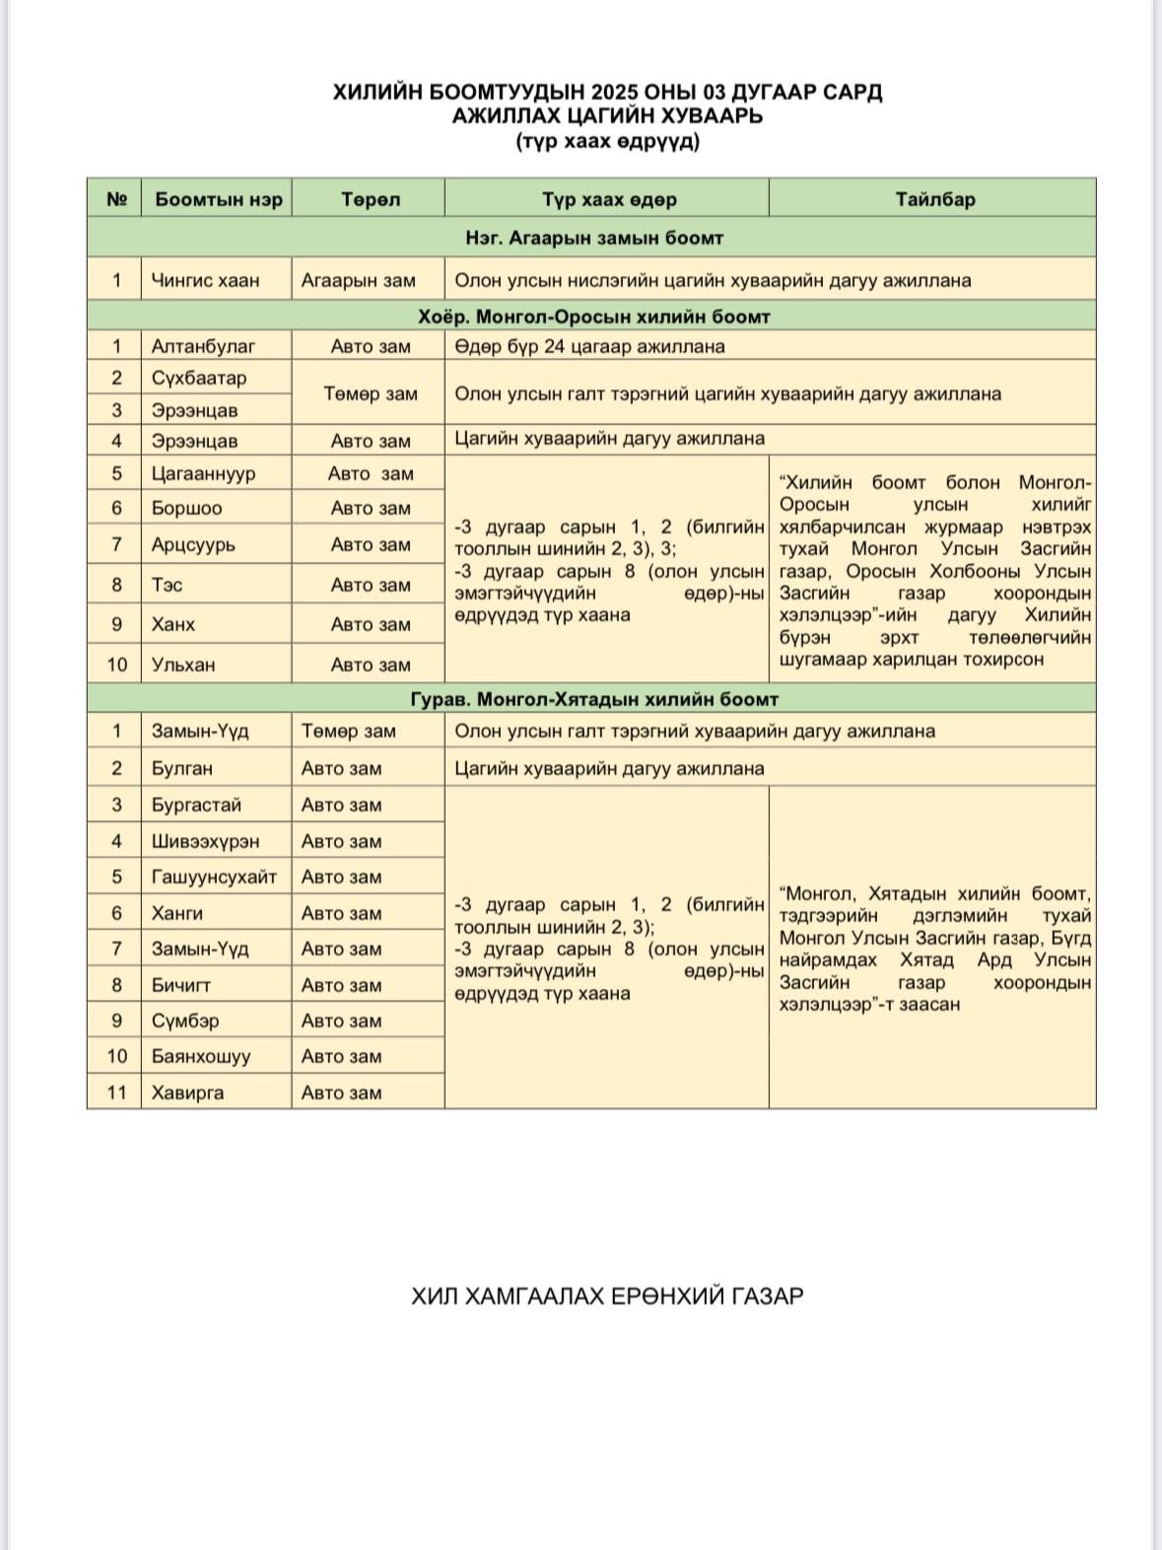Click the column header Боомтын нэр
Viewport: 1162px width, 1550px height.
(x=218, y=199)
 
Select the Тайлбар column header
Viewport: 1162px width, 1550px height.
(x=934, y=199)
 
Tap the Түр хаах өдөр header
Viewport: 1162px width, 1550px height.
(x=608, y=199)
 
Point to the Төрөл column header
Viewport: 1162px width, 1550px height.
(x=370, y=199)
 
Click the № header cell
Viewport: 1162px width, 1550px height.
(x=116, y=199)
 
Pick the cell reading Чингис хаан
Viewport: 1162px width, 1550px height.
(x=205, y=280)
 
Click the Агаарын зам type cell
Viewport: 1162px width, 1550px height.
(x=359, y=280)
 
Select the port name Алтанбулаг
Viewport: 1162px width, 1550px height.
(x=203, y=346)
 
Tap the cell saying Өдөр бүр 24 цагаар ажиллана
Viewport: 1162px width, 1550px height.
(x=589, y=346)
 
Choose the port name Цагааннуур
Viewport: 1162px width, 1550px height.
(x=203, y=473)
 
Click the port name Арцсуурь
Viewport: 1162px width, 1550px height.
(x=193, y=544)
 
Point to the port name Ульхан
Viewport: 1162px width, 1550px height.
(x=183, y=665)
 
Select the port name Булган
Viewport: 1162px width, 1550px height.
(x=182, y=768)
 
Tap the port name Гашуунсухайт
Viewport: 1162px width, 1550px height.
(x=214, y=877)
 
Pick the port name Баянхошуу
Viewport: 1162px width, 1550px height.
(x=201, y=1056)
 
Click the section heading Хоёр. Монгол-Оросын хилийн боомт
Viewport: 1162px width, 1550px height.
(x=593, y=317)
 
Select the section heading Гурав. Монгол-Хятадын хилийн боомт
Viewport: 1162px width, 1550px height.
(x=594, y=699)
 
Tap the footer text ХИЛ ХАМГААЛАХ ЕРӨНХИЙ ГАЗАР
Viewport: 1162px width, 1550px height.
(x=607, y=1296)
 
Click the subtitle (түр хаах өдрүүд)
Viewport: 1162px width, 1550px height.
(x=607, y=141)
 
